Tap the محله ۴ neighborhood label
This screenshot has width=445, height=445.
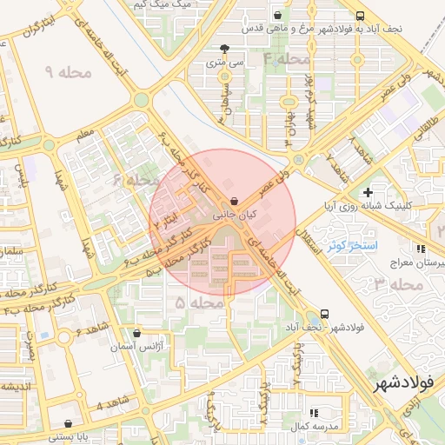[x=286, y=59]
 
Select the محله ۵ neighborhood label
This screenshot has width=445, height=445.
[x=193, y=302]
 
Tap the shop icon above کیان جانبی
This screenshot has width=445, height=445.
[x=236, y=201]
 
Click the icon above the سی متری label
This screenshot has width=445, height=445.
[x=225, y=49]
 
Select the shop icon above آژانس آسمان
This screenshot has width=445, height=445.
[x=136, y=332]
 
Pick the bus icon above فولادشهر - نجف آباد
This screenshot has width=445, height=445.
[x=324, y=314]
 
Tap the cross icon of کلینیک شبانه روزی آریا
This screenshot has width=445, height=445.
[x=369, y=192]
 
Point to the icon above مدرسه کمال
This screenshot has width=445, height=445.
[x=313, y=414]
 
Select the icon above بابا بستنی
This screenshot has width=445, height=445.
[x=69, y=423]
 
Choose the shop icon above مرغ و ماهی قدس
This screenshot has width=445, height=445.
[x=277, y=15]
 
